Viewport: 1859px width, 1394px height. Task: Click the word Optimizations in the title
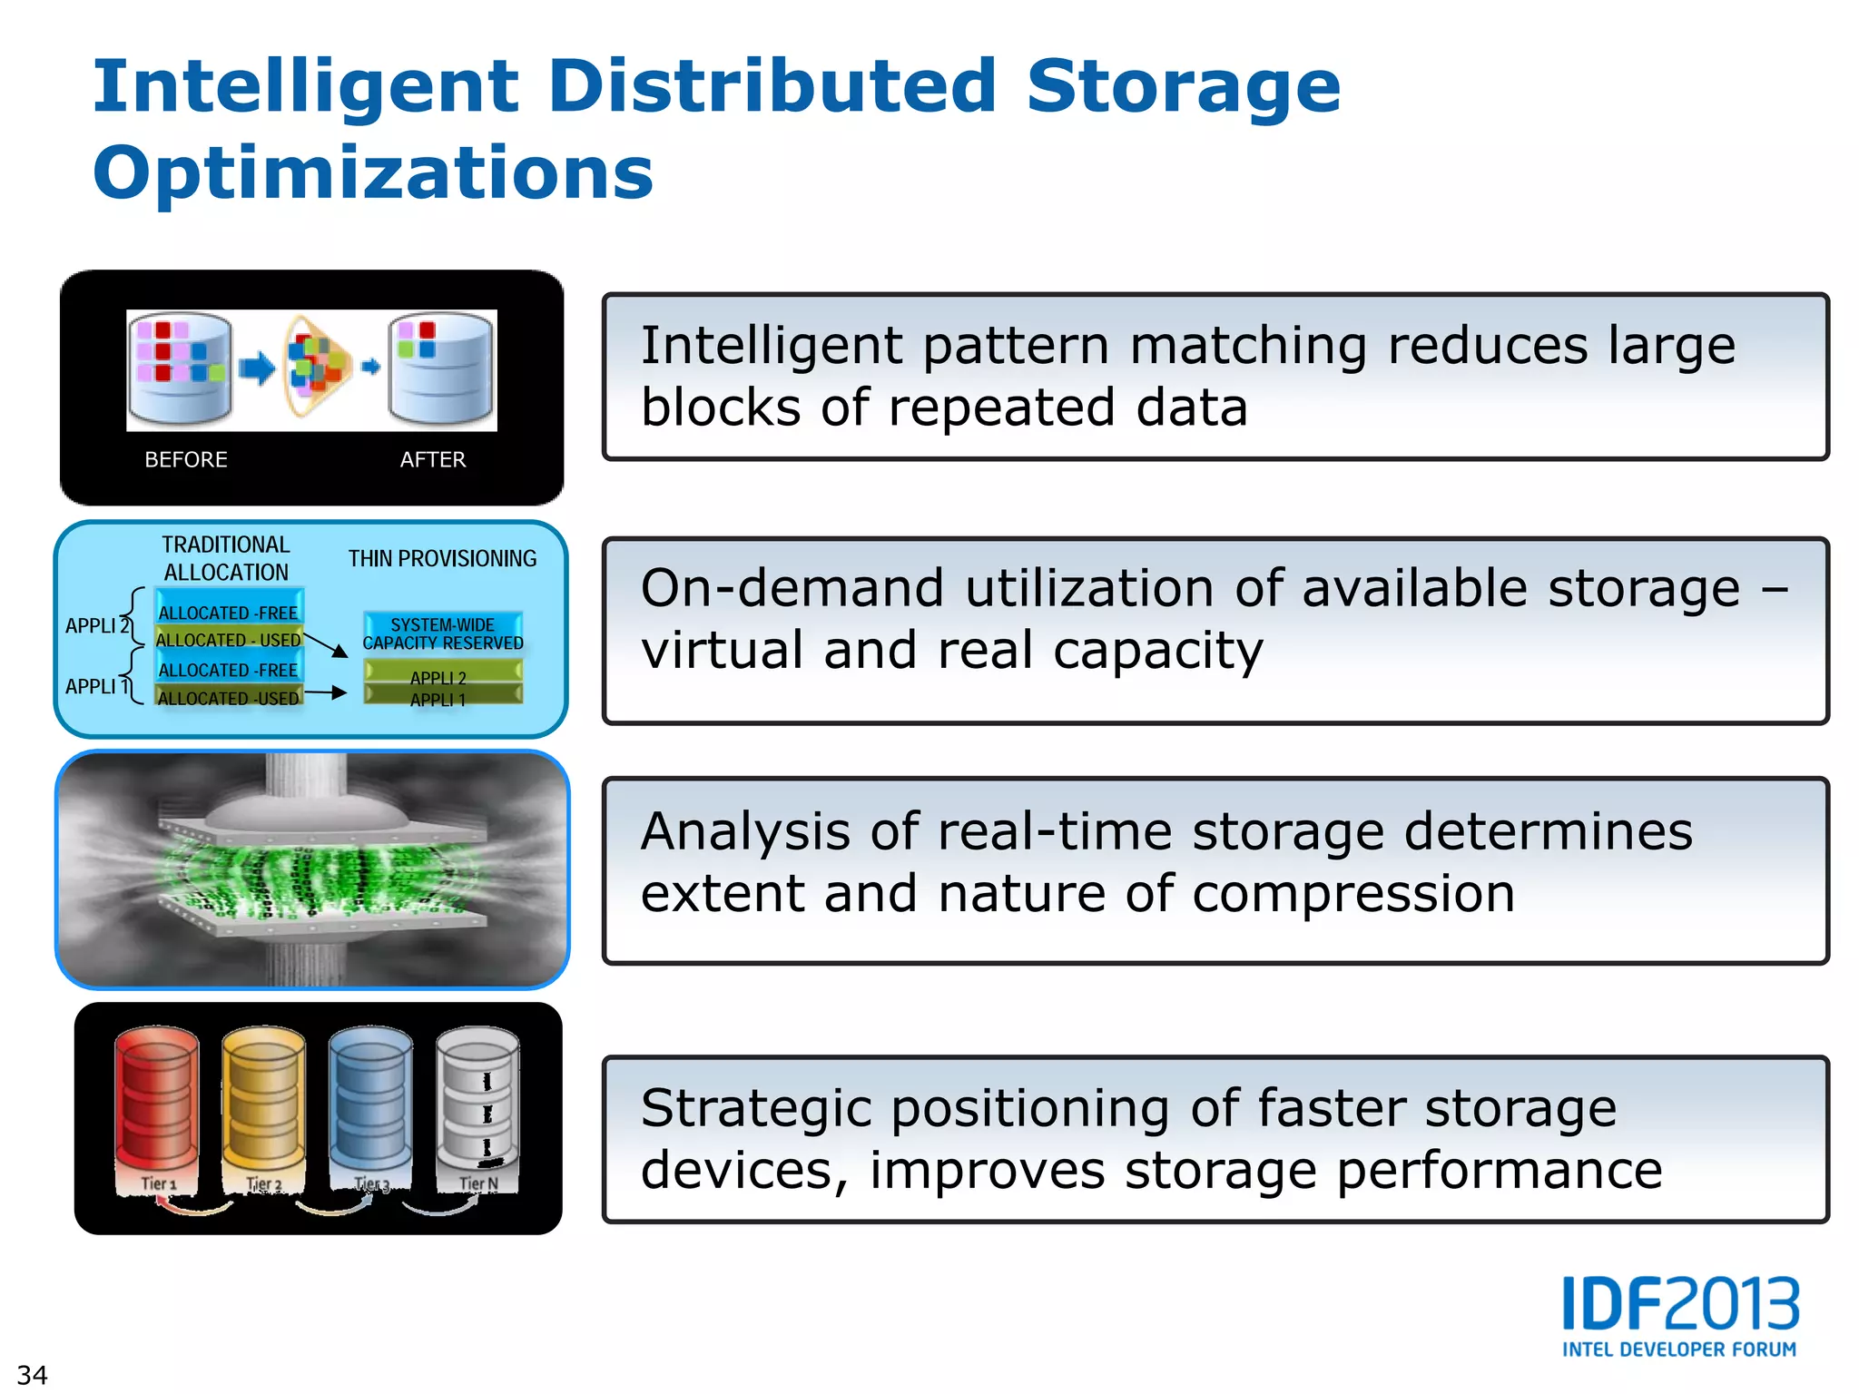click(373, 172)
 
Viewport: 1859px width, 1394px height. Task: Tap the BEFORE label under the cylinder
click(186, 459)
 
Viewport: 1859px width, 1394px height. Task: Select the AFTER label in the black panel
click(433, 459)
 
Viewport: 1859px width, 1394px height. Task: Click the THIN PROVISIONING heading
click(442, 558)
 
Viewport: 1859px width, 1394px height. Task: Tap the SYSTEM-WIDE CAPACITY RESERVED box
click(443, 633)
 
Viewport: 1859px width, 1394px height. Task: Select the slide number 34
click(32, 1374)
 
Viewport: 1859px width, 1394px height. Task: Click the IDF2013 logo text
click(1680, 1304)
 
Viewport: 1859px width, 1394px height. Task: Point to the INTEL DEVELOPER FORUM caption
click(1679, 1350)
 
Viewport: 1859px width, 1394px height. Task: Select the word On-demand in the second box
click(792, 588)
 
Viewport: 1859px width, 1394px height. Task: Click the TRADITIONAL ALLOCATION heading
click(226, 558)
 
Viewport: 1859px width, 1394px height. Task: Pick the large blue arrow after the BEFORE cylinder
click(257, 368)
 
